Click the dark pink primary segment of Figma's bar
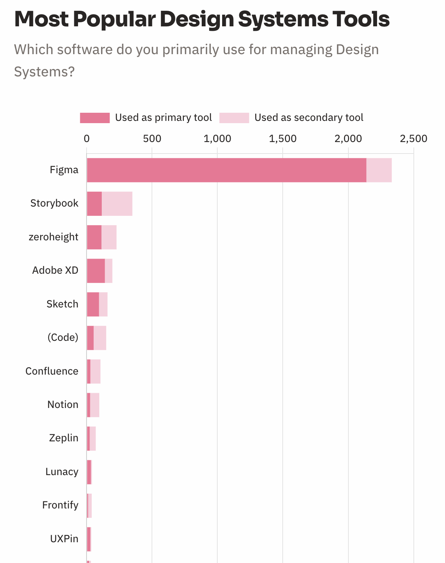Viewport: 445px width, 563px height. pyautogui.click(x=227, y=170)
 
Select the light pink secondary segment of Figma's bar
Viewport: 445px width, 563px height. pyautogui.click(x=379, y=170)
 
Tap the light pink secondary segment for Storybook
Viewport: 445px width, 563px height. pyautogui.click(x=117, y=204)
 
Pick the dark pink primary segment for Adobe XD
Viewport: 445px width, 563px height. pyautogui.click(x=96, y=271)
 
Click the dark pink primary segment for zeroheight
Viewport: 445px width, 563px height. pyautogui.click(x=94, y=237)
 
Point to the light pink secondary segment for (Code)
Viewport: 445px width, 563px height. pyautogui.click(x=100, y=338)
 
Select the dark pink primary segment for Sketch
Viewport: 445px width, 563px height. pyautogui.click(x=93, y=304)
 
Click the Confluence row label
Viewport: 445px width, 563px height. pyautogui.click(x=52, y=371)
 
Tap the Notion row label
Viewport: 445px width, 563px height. pyautogui.click(x=63, y=405)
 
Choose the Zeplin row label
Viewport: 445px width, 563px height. pyautogui.click(x=64, y=438)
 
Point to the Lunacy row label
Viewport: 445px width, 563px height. pyautogui.click(x=62, y=472)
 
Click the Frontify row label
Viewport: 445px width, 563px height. pyautogui.click(x=60, y=505)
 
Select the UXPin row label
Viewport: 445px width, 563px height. pyautogui.click(x=64, y=539)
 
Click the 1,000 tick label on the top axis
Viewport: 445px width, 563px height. pyautogui.click(x=217, y=139)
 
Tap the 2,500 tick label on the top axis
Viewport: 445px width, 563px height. pyautogui.click(x=413, y=139)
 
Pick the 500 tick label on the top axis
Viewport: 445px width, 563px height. pyautogui.click(x=152, y=139)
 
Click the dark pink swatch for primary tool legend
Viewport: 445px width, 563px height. pyautogui.click(x=95, y=118)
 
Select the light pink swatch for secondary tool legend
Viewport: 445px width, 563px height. pyautogui.click(x=234, y=118)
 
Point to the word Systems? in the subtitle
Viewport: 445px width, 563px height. pyautogui.click(x=45, y=72)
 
